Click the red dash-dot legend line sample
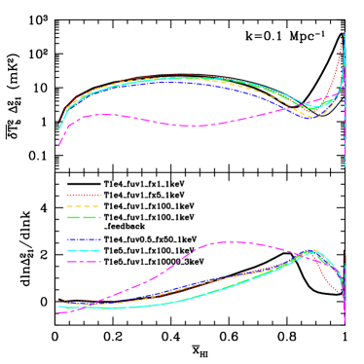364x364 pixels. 84,196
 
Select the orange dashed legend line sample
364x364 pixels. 84,206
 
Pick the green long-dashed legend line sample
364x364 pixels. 84,217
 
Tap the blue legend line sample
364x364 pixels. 84,239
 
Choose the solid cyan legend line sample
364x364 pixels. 84,250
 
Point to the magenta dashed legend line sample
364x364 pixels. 84,261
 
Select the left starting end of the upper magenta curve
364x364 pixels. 58,146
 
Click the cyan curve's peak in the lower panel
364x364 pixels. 313,250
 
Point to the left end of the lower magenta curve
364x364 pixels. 60,311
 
